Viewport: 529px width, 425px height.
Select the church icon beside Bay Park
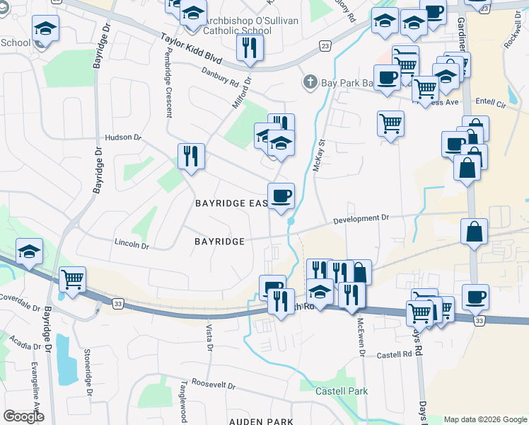[309, 83]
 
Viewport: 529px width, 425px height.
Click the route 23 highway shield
[324, 46]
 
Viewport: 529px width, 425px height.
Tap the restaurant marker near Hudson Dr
[190, 156]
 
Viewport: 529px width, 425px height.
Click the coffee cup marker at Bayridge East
[281, 195]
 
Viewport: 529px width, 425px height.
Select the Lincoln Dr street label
[132, 246]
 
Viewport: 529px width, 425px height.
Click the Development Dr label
[362, 219]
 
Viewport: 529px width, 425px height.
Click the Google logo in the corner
[23, 416]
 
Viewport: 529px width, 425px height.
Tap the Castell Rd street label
[393, 355]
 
